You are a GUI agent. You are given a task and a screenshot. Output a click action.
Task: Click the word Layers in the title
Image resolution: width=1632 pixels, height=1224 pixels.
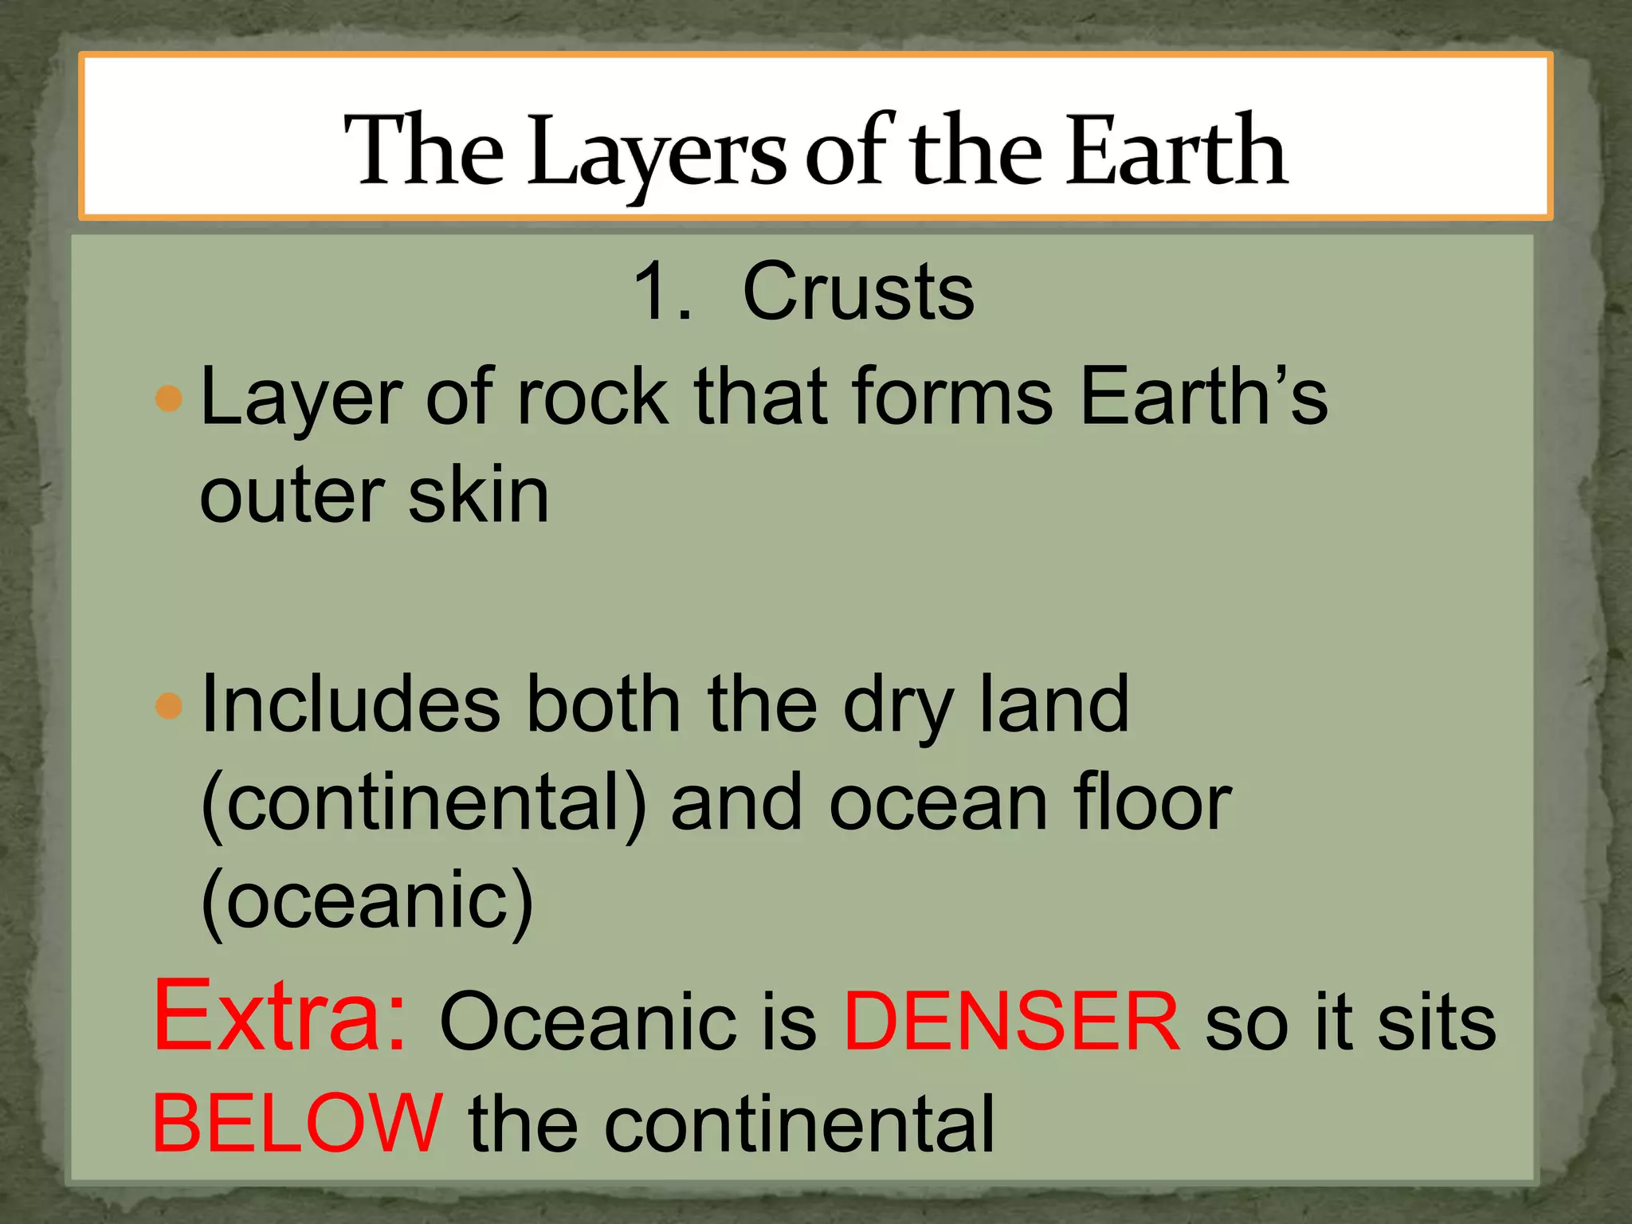coord(657,151)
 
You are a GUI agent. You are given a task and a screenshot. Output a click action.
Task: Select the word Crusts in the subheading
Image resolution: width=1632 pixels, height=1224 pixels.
coord(858,292)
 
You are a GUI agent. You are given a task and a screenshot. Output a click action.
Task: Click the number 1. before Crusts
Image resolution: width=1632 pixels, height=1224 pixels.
coord(661,292)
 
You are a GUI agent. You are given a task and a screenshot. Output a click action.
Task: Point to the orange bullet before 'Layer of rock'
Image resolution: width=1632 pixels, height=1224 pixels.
coord(169,398)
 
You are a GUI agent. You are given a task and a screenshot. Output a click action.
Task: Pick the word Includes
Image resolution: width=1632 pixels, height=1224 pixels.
coord(351,704)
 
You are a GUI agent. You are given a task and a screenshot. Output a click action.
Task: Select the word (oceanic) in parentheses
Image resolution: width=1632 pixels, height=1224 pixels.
coord(367,902)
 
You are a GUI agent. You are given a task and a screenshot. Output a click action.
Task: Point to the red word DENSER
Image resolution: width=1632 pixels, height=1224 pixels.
coord(1011,1022)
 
